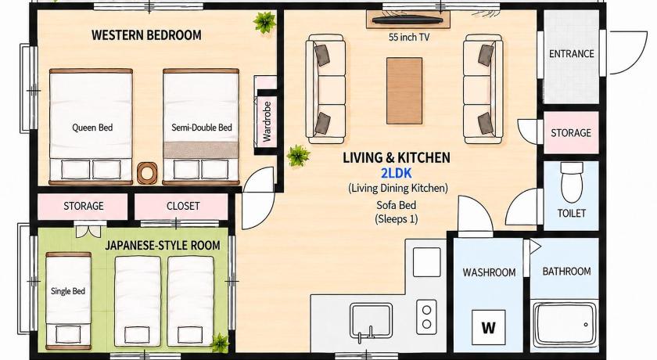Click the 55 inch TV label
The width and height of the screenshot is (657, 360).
click(409, 38)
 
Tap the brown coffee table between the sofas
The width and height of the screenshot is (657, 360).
click(404, 91)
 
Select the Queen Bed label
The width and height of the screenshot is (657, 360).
click(92, 128)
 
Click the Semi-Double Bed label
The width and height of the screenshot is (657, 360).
click(202, 127)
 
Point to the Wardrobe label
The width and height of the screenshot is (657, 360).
click(267, 121)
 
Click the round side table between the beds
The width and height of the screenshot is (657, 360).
click(147, 173)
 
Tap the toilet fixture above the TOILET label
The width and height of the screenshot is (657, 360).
click(572, 182)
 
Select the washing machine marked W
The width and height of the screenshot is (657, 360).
click(489, 327)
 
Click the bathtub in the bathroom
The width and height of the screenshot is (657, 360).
click(565, 324)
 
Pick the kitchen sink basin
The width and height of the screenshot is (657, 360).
click(372, 321)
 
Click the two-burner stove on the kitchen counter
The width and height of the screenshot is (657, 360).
click(426, 317)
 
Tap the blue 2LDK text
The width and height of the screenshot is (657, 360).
click(396, 173)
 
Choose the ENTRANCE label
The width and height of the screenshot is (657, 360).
click(572, 54)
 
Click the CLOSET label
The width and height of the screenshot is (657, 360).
click(183, 206)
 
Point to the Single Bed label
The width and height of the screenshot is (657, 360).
click(68, 291)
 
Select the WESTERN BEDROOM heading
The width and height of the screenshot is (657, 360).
click(146, 34)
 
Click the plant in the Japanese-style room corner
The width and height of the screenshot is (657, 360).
click(220, 343)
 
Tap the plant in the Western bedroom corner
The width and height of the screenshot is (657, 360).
click(264, 22)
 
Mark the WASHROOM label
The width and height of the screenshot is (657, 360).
click(489, 272)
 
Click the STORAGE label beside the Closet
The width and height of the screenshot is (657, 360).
click(84, 206)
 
